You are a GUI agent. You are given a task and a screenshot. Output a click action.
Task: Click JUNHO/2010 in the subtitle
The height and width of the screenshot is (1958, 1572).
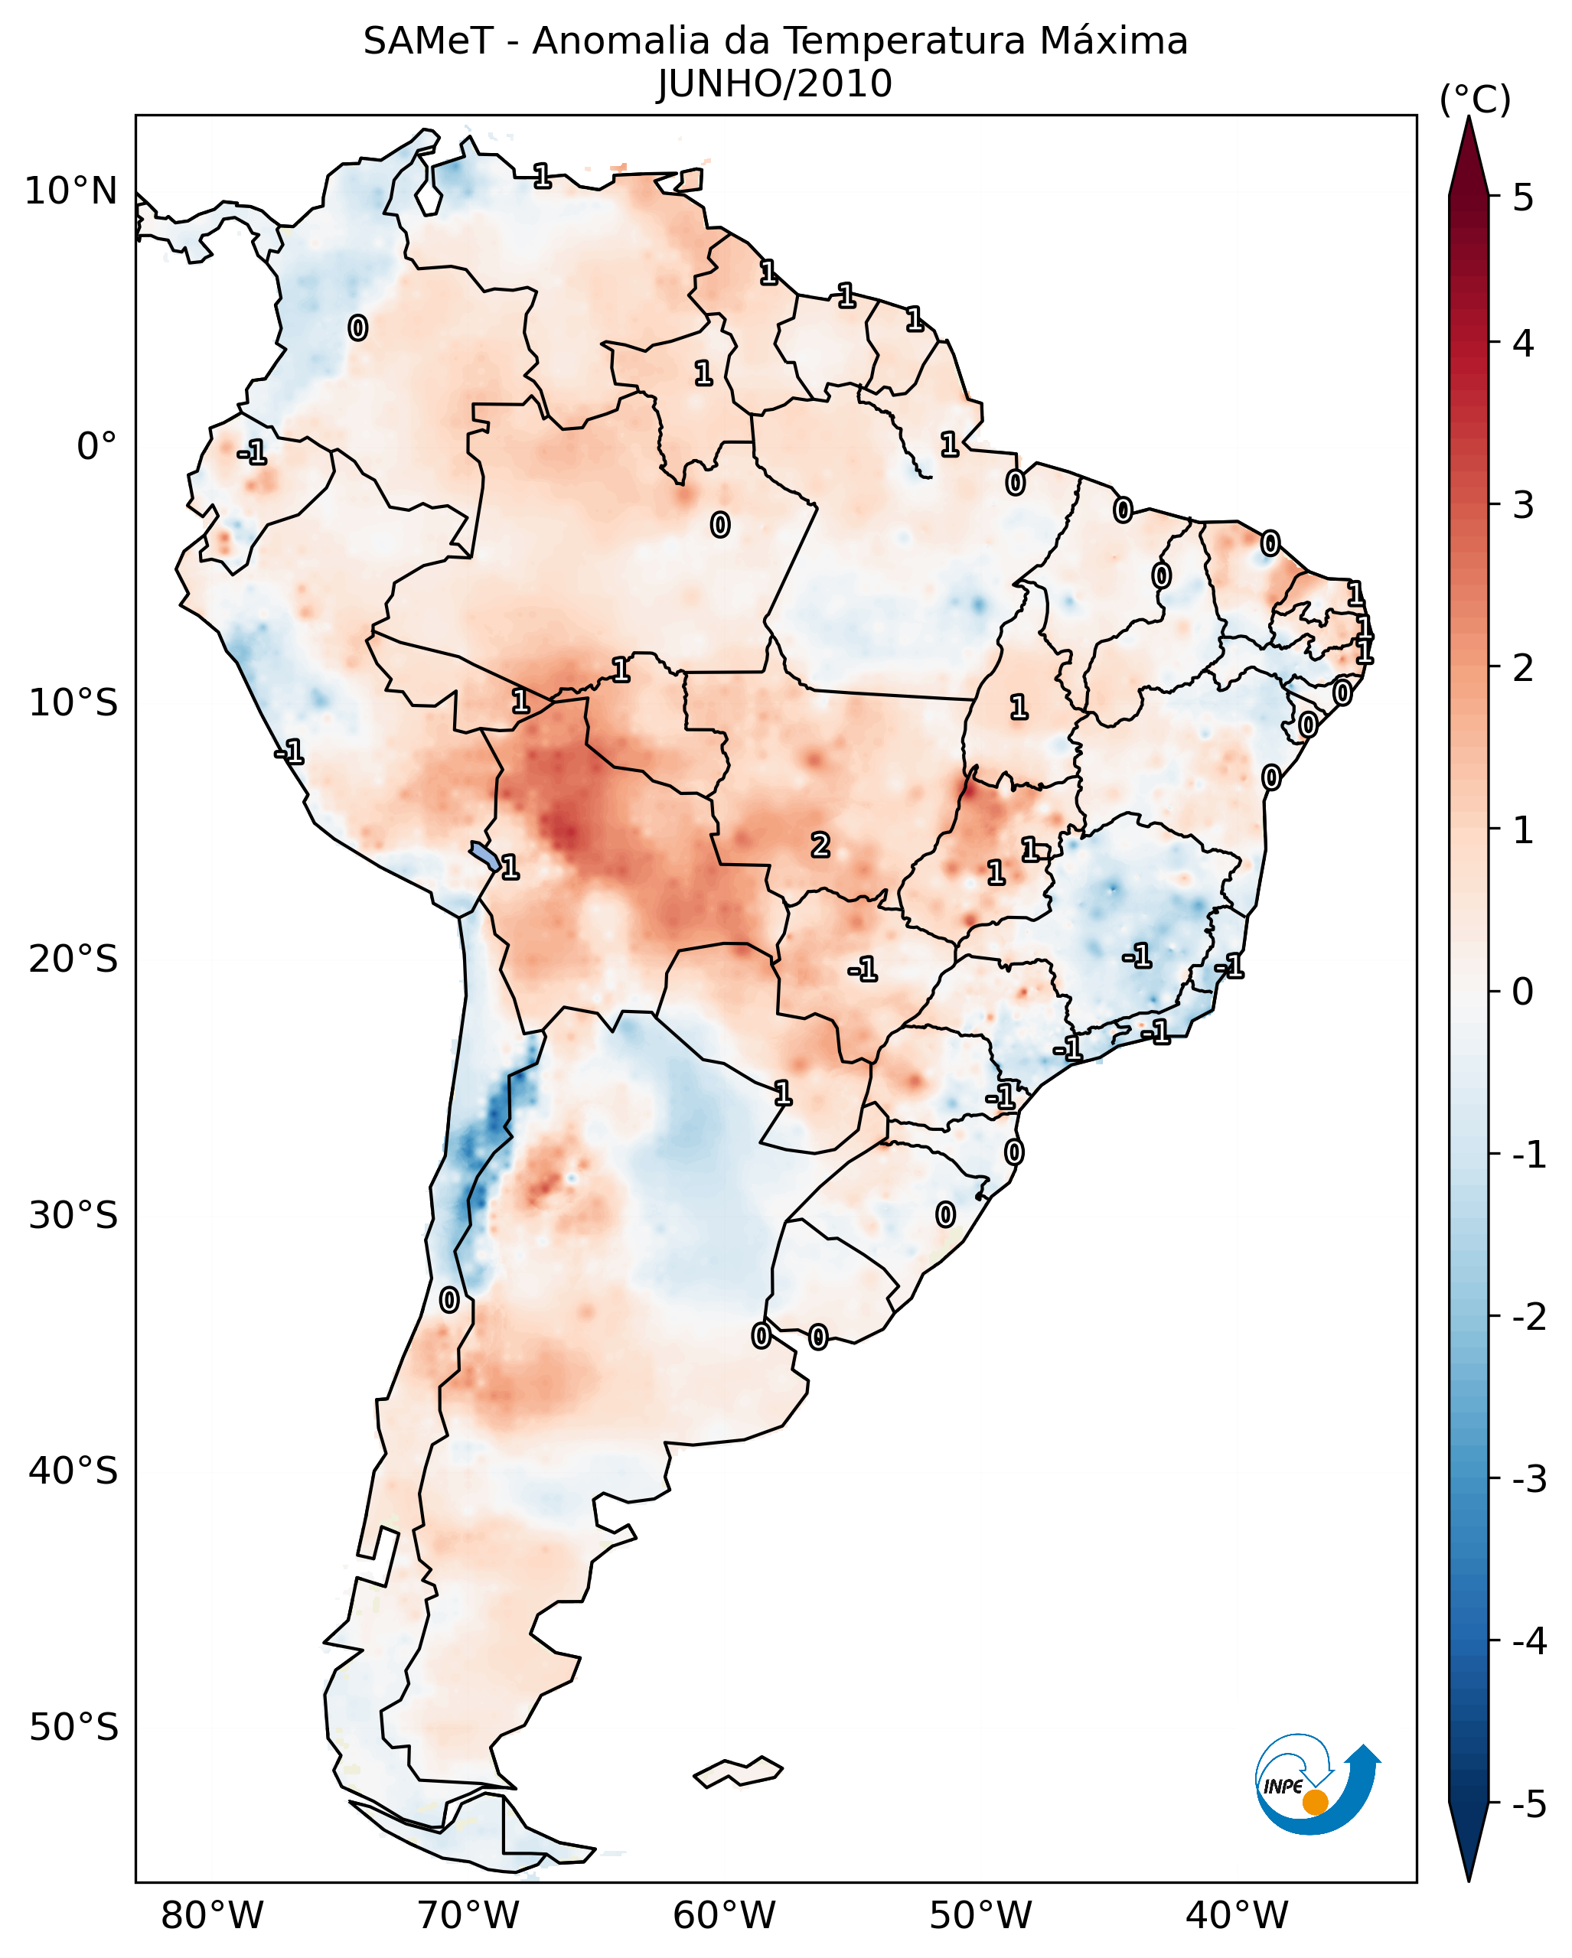(x=775, y=83)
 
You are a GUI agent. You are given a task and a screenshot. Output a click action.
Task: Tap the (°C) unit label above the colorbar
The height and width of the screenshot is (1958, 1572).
(x=1475, y=100)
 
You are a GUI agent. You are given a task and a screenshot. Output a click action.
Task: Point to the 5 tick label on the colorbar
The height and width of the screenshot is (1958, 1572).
(x=1523, y=197)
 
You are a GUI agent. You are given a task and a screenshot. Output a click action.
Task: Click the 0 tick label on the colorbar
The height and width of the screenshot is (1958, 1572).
(x=1523, y=991)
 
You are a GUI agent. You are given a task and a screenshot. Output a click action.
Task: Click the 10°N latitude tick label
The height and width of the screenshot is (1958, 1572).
(x=71, y=191)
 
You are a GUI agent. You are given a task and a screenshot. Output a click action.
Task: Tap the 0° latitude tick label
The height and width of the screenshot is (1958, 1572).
(x=96, y=447)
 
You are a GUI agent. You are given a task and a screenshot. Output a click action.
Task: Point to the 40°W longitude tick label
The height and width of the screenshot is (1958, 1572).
(x=1237, y=1915)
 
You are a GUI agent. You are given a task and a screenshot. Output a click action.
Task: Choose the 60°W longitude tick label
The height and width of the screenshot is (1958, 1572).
(x=724, y=1915)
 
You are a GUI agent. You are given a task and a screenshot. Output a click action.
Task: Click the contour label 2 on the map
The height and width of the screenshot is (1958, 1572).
(x=820, y=845)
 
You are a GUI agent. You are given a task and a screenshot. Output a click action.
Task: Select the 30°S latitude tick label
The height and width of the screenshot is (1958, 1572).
(x=73, y=1215)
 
